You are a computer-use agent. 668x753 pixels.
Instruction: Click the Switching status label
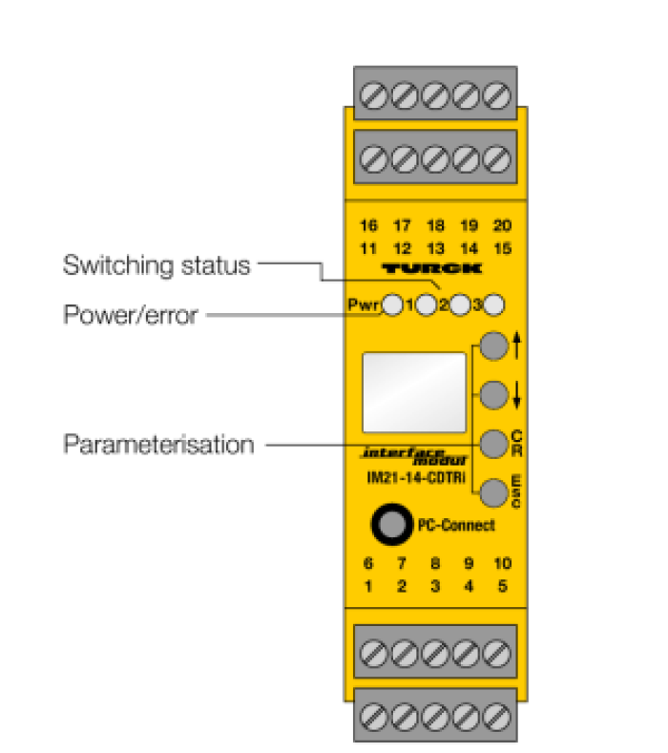[x=157, y=264]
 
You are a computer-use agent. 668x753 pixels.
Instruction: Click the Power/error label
[x=130, y=314]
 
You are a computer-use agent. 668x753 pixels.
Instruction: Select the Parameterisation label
[x=158, y=445]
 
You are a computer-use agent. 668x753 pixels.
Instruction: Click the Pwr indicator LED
[x=392, y=306]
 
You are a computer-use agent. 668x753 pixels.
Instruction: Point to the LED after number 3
[x=493, y=306]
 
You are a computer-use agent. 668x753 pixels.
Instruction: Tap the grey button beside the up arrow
[x=492, y=346]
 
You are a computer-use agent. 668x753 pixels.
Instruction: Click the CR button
[x=492, y=443]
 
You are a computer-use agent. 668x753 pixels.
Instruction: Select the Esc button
[x=492, y=492]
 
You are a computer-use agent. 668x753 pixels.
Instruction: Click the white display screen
[x=414, y=390]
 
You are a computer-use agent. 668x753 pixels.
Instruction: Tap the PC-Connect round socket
[x=389, y=523]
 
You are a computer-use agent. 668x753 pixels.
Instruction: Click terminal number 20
[x=502, y=226]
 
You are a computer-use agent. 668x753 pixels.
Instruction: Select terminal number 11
[x=368, y=248]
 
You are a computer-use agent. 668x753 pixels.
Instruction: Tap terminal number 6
[x=368, y=563]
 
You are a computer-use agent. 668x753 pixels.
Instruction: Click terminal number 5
[x=502, y=585]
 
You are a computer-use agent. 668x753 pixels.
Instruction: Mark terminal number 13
[x=435, y=248]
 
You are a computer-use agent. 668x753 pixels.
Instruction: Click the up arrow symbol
[x=516, y=346]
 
